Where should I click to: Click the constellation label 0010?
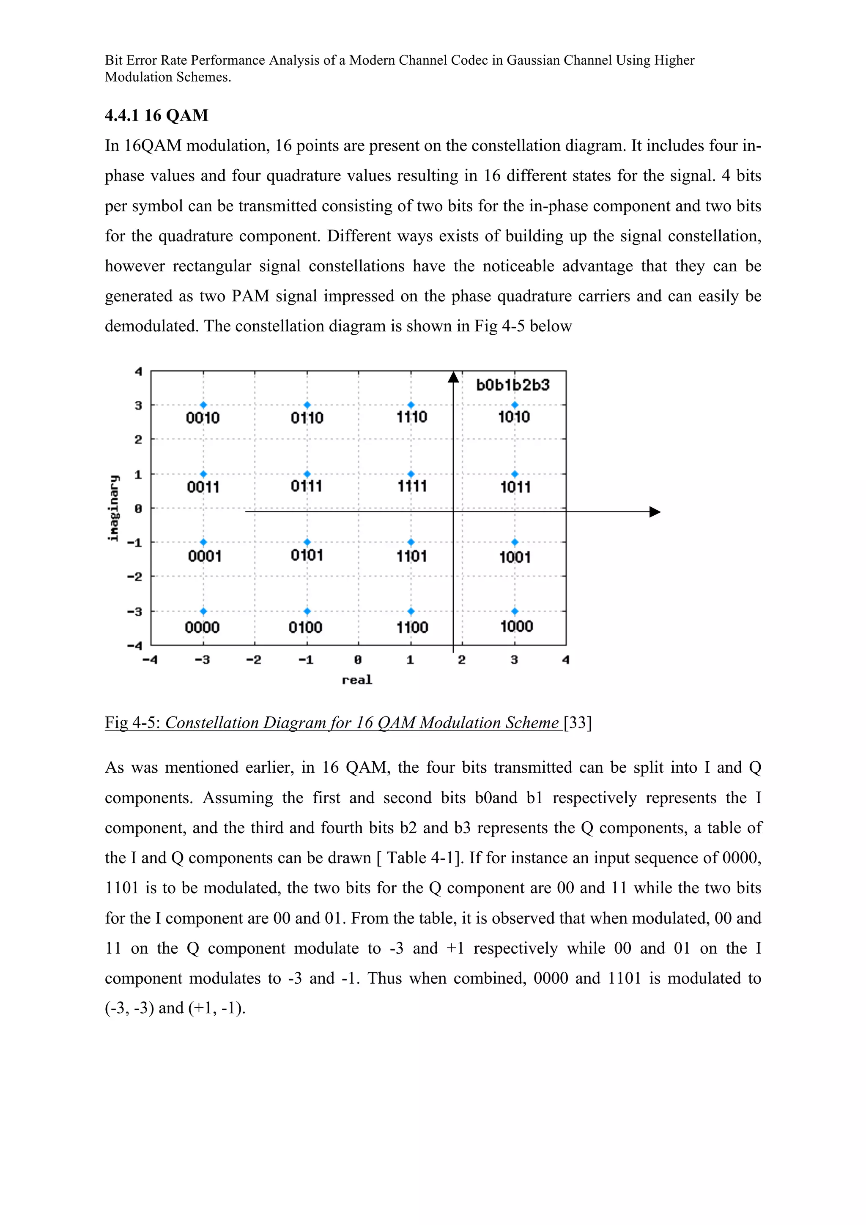pos(203,418)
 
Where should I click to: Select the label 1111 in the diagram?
pos(412,486)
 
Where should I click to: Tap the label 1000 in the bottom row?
pos(516,626)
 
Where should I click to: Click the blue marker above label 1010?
pos(514,405)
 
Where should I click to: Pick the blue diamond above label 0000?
pos(203,611)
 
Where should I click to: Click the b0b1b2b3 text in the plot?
pos(513,385)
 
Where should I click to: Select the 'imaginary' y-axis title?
pos(113,508)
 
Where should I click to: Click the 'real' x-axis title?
pos(357,680)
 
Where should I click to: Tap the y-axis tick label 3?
pos(139,405)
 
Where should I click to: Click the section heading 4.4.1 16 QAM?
pos(156,115)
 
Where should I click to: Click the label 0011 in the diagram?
pos(203,487)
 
